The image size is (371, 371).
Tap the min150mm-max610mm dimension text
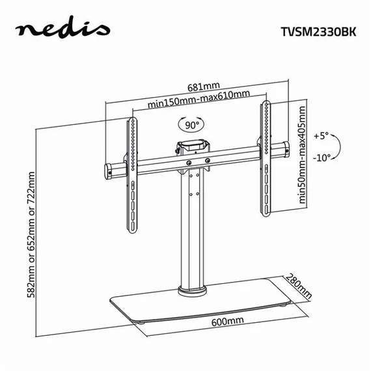tap(199, 96)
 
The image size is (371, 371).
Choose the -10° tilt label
tap(322, 157)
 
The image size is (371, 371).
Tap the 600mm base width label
tap(227, 322)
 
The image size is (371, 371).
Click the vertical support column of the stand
tap(193, 228)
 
